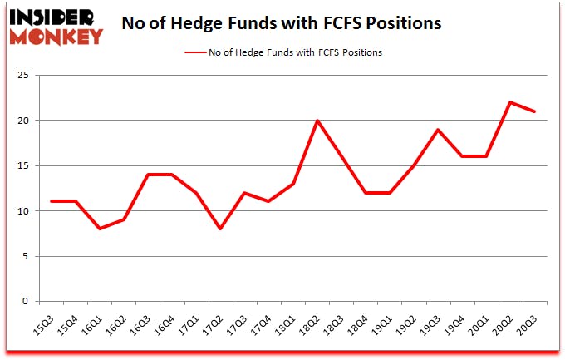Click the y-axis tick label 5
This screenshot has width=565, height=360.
coord(27,256)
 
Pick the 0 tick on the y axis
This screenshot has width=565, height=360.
coord(27,301)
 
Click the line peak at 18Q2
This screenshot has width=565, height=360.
coord(317,121)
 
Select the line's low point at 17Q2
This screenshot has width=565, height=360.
coord(220,229)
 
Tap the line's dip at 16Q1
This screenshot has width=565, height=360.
coord(99,229)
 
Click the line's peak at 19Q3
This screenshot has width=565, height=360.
coord(438,130)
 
